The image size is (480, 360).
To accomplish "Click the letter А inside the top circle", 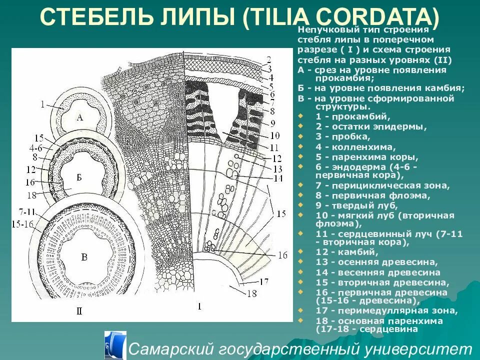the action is [80, 118].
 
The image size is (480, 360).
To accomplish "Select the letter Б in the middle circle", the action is [79, 177].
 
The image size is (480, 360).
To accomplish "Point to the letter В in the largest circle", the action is [84, 258].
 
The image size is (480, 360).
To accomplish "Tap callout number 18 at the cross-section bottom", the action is [251, 294].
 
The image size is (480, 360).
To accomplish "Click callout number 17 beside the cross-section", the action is [264, 281].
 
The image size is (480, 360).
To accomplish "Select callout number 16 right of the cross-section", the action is [282, 255].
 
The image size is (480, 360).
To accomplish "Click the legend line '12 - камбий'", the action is [345, 251].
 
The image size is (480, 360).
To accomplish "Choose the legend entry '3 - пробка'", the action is [342, 136].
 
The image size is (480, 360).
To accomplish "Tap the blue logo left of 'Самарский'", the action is [114, 345].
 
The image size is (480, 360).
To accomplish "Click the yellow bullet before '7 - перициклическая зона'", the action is [300, 185].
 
